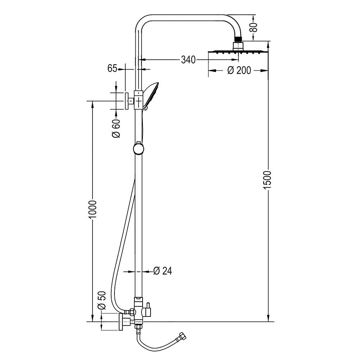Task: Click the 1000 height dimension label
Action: coord(93,210)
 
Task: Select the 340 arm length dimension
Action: coord(188,60)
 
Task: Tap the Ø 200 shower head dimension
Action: coord(239,70)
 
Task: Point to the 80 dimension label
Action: coord(255,27)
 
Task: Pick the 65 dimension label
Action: coord(112,68)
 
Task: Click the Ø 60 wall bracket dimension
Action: coord(116,129)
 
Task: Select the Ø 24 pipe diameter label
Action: coord(162,271)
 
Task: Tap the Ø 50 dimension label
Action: coord(102,301)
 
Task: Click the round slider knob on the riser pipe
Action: coord(139,149)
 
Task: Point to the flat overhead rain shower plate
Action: coord(238,52)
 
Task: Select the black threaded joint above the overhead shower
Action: coord(239,39)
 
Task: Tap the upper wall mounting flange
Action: coord(126,101)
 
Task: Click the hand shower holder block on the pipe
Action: coord(139,99)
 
